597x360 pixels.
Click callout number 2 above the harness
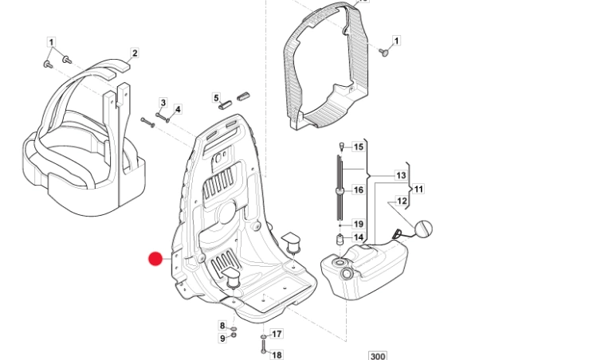click(x=135, y=53)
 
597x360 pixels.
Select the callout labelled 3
click(x=163, y=103)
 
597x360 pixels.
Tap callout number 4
click(x=178, y=109)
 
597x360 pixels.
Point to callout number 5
click(x=215, y=98)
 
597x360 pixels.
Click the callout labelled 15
click(x=359, y=147)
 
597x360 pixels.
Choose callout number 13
click(x=401, y=175)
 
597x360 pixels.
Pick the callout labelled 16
click(x=359, y=190)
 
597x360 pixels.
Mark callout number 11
click(x=418, y=189)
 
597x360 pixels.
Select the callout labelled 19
click(x=359, y=225)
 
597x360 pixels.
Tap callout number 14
click(x=359, y=237)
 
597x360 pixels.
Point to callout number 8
click(x=222, y=326)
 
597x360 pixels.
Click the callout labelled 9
click(x=222, y=338)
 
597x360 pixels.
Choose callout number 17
click(x=277, y=335)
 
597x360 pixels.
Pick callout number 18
click(x=277, y=354)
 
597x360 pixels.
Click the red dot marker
click(x=156, y=258)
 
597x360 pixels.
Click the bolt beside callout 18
click(x=263, y=347)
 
